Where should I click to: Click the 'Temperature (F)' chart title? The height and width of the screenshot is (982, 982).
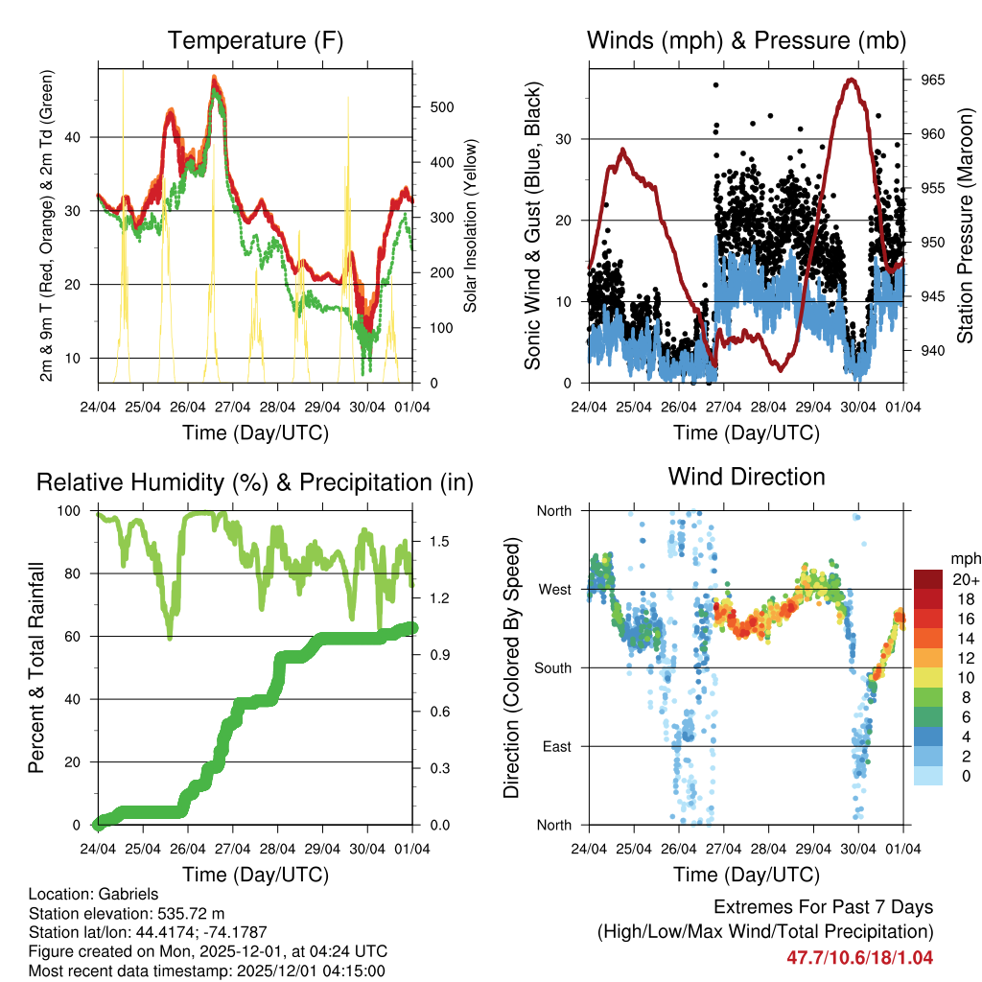tap(255, 41)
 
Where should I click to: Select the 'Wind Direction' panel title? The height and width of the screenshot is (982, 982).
tap(746, 477)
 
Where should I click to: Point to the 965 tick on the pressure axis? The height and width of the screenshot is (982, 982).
tap(932, 80)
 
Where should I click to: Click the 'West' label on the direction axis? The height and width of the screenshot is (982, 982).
tap(553, 589)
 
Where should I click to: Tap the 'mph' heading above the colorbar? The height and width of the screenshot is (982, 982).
tap(963, 558)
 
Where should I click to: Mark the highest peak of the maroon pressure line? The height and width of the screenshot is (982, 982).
tap(851, 80)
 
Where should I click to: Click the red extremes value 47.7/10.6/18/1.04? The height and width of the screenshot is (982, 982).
tap(860, 957)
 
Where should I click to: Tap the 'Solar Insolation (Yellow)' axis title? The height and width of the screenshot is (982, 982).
tap(470, 225)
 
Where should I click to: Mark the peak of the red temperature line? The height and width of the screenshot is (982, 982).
tap(215, 80)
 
